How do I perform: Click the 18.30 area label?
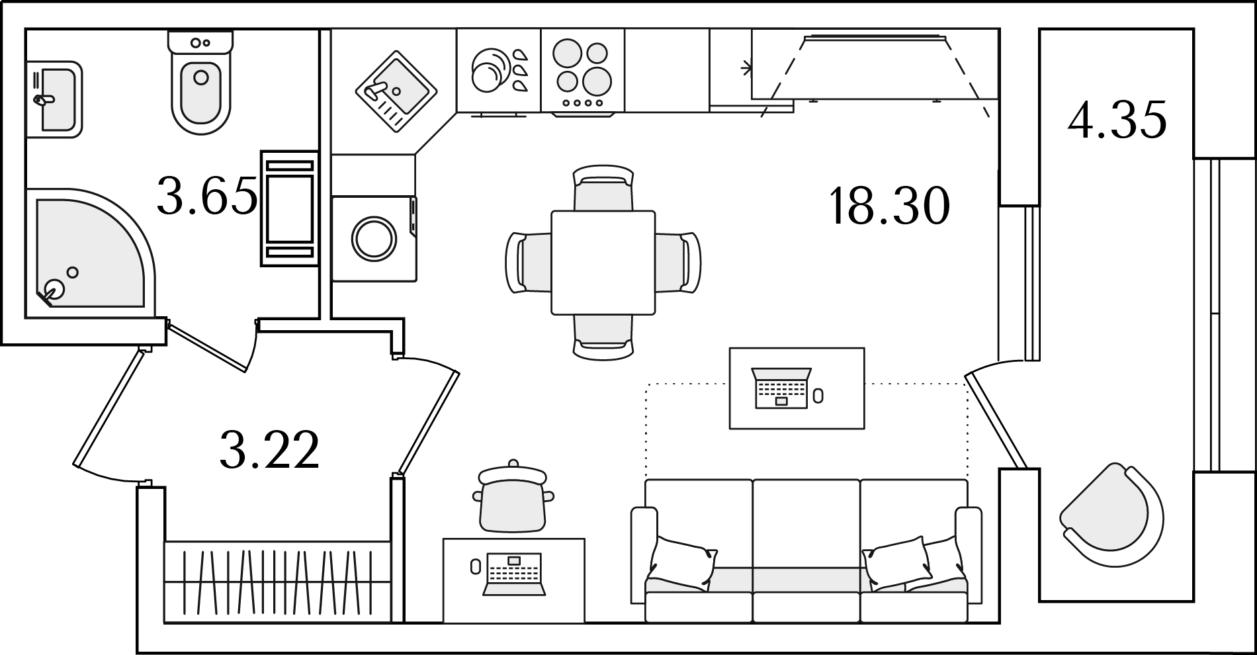(x=889, y=206)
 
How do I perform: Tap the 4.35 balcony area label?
(x=1117, y=120)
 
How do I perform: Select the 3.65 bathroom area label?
(x=207, y=196)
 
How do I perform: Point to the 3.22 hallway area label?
(x=269, y=449)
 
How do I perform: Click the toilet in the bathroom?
(x=201, y=81)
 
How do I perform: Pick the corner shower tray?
(x=91, y=252)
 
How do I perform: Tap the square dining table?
(x=603, y=262)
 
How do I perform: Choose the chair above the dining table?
(x=603, y=187)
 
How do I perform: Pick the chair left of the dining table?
(x=529, y=262)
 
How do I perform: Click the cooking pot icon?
(x=513, y=496)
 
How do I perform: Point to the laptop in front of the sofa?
(x=782, y=388)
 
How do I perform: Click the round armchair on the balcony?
(x=1111, y=515)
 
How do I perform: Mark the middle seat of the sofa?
(x=806, y=550)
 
